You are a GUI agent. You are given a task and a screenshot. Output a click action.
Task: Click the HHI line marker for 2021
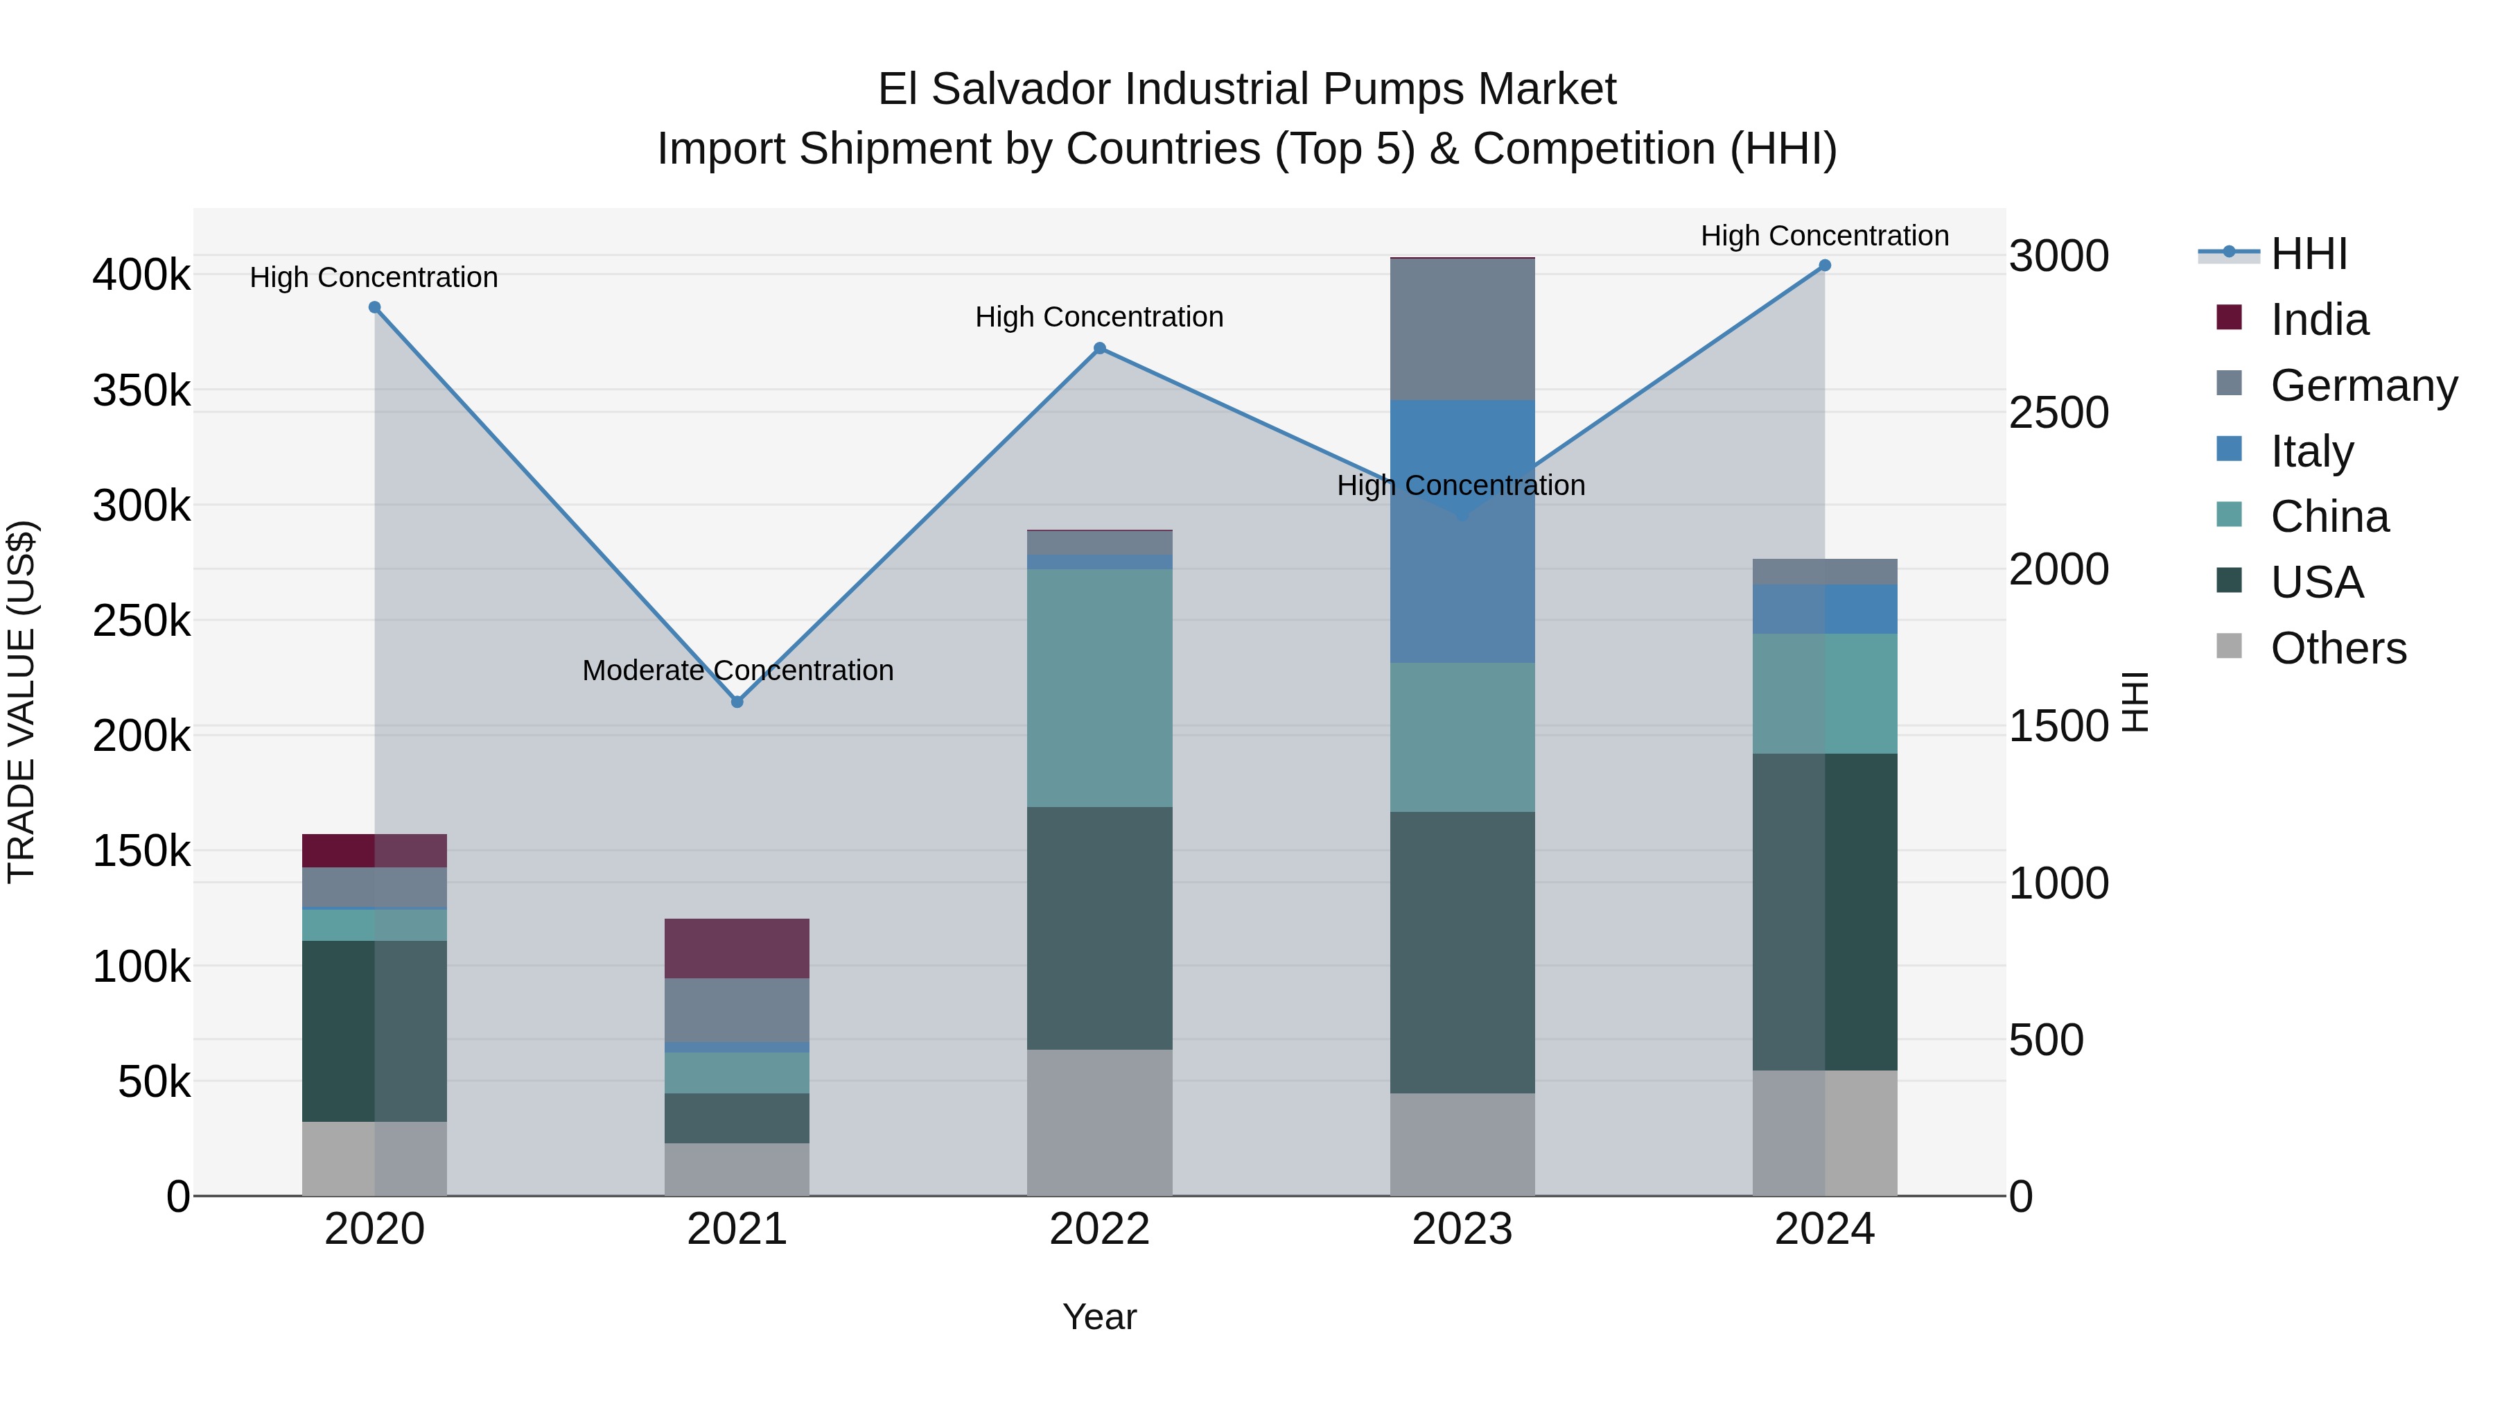pyautogui.click(x=737, y=702)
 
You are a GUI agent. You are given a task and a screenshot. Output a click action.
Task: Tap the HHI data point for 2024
pyautogui.click(x=1825, y=266)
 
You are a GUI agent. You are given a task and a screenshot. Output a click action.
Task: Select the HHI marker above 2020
pyautogui.click(x=375, y=308)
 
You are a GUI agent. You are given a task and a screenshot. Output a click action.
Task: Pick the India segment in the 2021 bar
pyautogui.click(x=737, y=948)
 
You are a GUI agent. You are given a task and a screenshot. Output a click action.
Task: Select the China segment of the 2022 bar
pyautogui.click(x=1099, y=688)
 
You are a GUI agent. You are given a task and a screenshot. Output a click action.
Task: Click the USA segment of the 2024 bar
pyautogui.click(x=1825, y=911)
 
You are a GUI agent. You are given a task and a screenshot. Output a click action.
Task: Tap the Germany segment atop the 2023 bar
pyautogui.click(x=1462, y=329)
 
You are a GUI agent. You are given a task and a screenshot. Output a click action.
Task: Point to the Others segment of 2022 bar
pyautogui.click(x=1099, y=1122)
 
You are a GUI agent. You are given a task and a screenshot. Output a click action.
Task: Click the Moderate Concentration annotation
pyautogui.click(x=737, y=670)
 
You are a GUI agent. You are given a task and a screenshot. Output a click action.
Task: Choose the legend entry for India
pyautogui.click(x=2319, y=320)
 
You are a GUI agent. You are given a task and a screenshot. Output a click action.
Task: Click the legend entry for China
pyautogui.click(x=2329, y=517)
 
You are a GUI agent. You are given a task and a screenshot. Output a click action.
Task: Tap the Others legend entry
pyautogui.click(x=2337, y=648)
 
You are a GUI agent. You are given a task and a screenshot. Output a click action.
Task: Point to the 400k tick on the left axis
pyautogui.click(x=141, y=275)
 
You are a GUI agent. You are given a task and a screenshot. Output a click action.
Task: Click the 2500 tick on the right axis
pyautogui.click(x=2058, y=413)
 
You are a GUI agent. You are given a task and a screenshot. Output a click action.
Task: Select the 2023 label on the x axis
pyautogui.click(x=1462, y=1229)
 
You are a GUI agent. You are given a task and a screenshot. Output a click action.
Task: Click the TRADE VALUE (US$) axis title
pyautogui.click(x=21, y=702)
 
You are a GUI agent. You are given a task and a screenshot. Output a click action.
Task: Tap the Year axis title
pyautogui.click(x=1099, y=1317)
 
